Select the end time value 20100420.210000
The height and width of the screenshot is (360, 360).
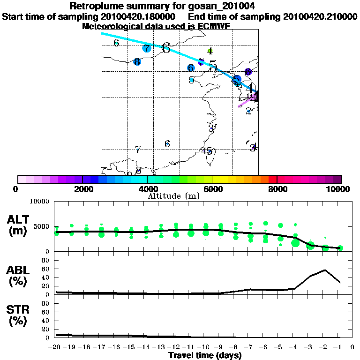pyautogui.click(x=320, y=16)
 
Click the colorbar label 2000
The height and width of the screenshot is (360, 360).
pyautogui.click(x=82, y=189)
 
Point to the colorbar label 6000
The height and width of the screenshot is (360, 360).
pyautogui.click(x=212, y=189)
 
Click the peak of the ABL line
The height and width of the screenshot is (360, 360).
pyautogui.click(x=325, y=270)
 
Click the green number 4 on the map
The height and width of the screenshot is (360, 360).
pyautogui.click(x=210, y=51)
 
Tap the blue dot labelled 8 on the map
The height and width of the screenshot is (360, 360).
pyautogui.click(x=137, y=62)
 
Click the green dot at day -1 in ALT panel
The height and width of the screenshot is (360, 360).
pyautogui.click(x=340, y=248)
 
